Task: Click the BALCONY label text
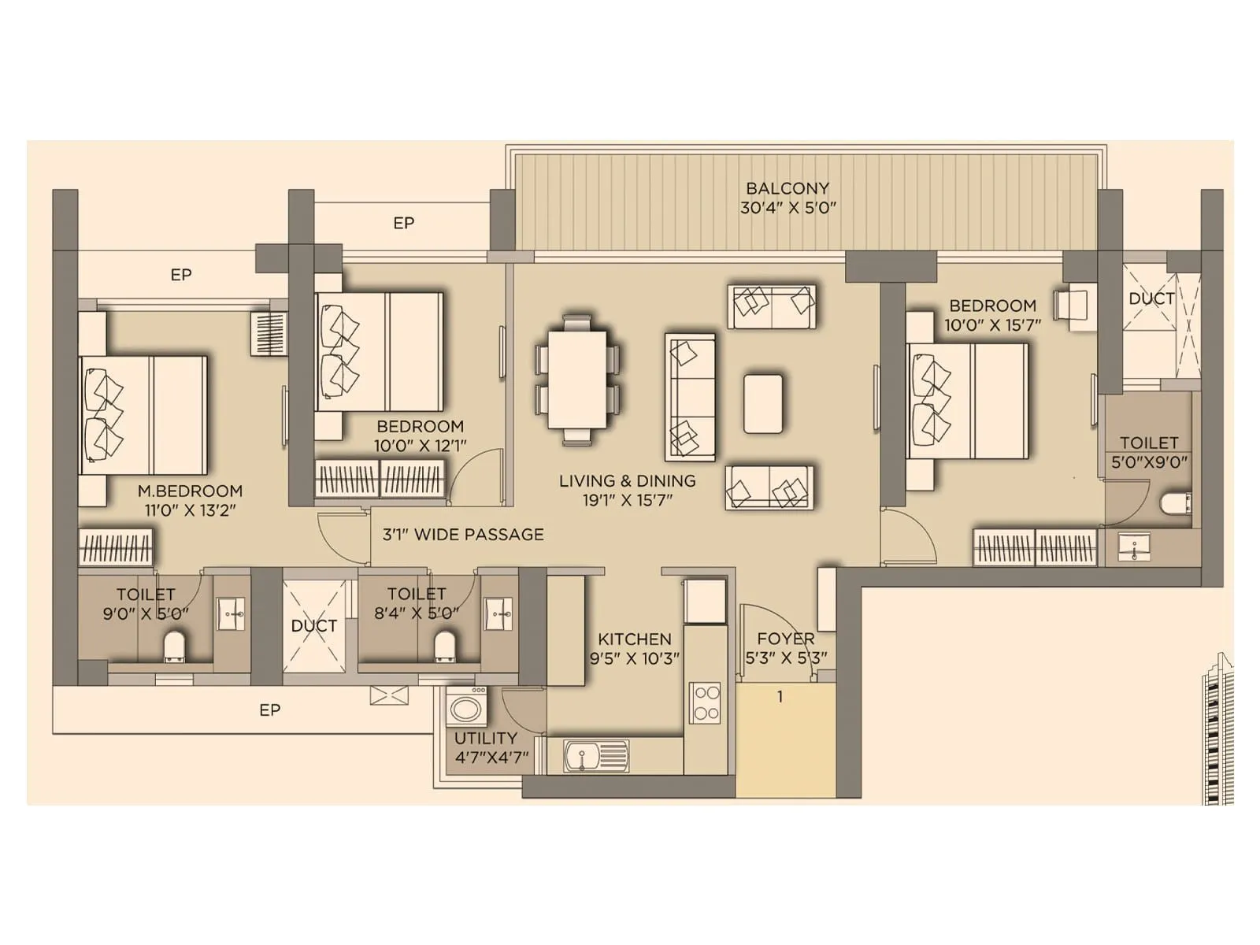(787, 189)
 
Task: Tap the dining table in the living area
(577, 380)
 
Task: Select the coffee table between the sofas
(762, 403)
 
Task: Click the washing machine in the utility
(466, 707)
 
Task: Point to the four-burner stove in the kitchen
(705, 703)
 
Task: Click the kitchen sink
(596, 756)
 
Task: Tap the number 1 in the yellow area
(780, 697)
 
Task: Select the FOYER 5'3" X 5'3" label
(785, 648)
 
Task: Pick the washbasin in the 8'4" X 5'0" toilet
(498, 613)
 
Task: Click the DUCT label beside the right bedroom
(1151, 298)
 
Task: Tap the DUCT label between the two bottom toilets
(313, 626)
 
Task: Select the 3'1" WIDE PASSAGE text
(463, 535)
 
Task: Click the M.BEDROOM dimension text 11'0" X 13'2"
(190, 510)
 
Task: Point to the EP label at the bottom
(270, 710)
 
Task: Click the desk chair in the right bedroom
(1072, 305)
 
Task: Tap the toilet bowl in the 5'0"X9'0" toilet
(1175, 503)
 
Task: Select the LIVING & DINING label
(627, 480)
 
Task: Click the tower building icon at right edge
(1217, 728)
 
